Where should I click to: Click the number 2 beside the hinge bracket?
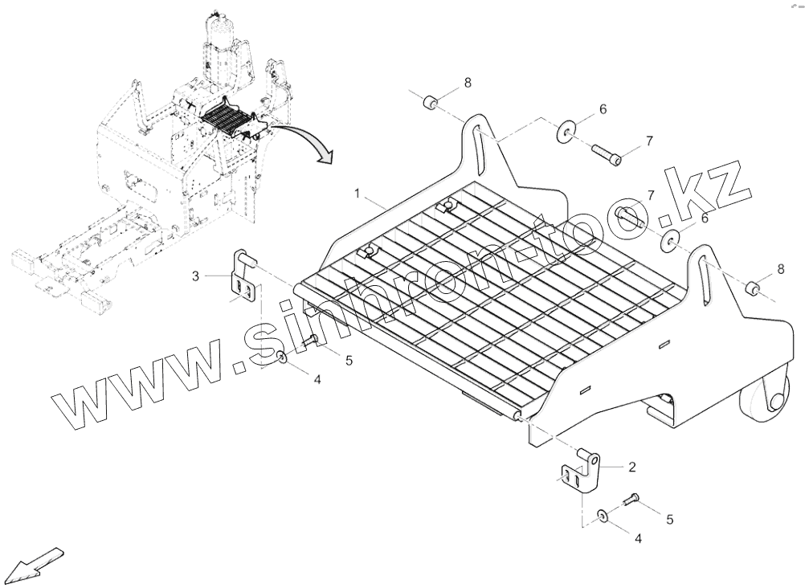click(x=632, y=465)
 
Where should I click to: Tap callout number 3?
click(x=195, y=277)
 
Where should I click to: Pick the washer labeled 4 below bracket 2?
click(x=603, y=515)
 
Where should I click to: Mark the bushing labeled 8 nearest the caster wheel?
click(x=754, y=288)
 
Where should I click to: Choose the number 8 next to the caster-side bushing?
click(x=779, y=268)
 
